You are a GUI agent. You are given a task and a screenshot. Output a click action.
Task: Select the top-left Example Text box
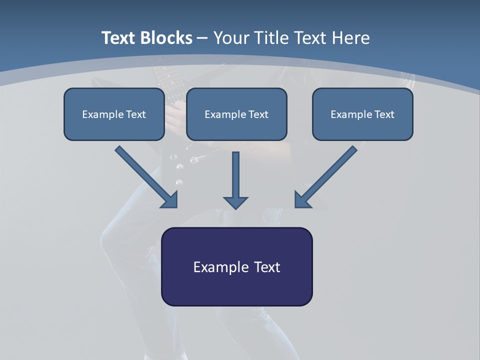(x=114, y=114)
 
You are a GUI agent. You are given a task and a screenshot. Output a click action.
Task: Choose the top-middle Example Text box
(x=236, y=114)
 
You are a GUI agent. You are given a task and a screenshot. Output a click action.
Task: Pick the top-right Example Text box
(x=362, y=114)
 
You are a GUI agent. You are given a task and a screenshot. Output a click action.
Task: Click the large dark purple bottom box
(x=236, y=266)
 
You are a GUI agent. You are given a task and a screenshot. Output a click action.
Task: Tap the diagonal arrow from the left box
(x=145, y=176)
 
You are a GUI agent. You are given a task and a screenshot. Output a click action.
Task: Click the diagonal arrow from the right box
(x=327, y=176)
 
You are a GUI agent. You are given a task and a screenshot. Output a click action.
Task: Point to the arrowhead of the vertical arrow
(x=235, y=202)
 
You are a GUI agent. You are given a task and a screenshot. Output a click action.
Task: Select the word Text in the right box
(x=384, y=114)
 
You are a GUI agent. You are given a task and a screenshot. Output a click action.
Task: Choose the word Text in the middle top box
(x=258, y=114)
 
